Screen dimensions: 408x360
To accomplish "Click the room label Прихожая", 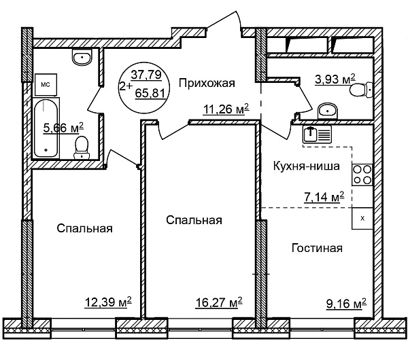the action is (x=207, y=84).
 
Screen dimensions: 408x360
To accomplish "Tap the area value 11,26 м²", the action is (x=226, y=109).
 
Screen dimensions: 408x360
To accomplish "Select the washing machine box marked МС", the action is (x=46, y=85).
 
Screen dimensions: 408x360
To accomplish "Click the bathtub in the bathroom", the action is (x=46, y=128).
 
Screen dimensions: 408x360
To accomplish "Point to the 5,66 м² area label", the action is (x=63, y=128).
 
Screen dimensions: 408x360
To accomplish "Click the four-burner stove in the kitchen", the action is (x=362, y=175).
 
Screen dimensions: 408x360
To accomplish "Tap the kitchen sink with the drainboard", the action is (x=317, y=134).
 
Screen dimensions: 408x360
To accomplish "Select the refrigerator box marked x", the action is (x=362, y=218).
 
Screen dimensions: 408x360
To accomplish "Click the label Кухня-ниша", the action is (x=306, y=166).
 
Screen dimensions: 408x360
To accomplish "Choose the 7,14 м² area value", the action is (x=324, y=197).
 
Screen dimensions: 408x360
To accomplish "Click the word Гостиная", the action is (x=317, y=248).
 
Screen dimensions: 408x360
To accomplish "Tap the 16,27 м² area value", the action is (x=219, y=303).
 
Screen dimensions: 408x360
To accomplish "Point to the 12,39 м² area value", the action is (x=108, y=302).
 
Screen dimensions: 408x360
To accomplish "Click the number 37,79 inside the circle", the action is (x=146, y=75).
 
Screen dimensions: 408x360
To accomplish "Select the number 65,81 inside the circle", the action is (x=150, y=93).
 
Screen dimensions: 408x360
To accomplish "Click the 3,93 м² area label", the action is (x=335, y=79).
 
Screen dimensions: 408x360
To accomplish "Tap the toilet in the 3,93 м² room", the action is (x=362, y=90).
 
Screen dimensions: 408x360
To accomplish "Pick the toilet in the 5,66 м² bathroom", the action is (x=82, y=147).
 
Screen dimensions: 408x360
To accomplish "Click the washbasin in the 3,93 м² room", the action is (x=327, y=111).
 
